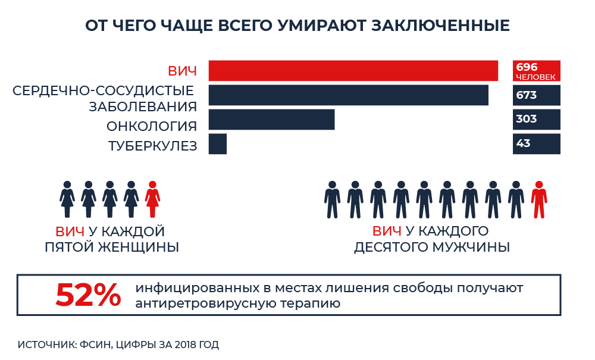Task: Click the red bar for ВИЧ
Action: pyautogui.click(x=353, y=71)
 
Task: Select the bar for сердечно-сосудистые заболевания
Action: pyautogui.click(x=349, y=95)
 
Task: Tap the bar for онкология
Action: pyautogui.click(x=271, y=119)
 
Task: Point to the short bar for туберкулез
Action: pyautogui.click(x=218, y=144)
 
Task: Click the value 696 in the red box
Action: pyautogui.click(x=527, y=67)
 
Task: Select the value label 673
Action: pyautogui.click(x=527, y=95)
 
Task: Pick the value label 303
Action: pyautogui.click(x=527, y=119)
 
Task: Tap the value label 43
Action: pyautogui.click(x=524, y=143)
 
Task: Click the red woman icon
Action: pyautogui.click(x=153, y=199)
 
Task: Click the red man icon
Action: pyautogui.click(x=539, y=199)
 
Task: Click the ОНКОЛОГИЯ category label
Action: pyautogui.click(x=152, y=126)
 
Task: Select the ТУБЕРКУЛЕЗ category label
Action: pyautogui.click(x=152, y=146)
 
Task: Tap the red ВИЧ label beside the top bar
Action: pyautogui.click(x=182, y=72)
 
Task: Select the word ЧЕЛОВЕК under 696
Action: pyautogui.click(x=535, y=77)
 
